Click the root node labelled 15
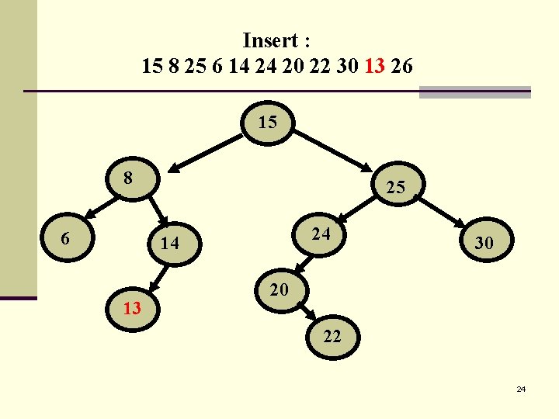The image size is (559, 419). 268,123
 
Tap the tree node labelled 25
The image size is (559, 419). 395,187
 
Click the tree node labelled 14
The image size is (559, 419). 170,244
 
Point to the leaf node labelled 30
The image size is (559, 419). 484,243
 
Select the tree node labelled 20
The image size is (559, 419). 279,290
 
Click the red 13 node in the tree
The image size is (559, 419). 132,309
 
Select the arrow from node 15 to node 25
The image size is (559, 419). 334,149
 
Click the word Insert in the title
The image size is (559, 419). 271,40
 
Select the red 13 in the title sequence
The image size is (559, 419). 373,67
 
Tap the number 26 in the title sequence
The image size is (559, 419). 401,67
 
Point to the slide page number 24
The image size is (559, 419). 521,388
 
